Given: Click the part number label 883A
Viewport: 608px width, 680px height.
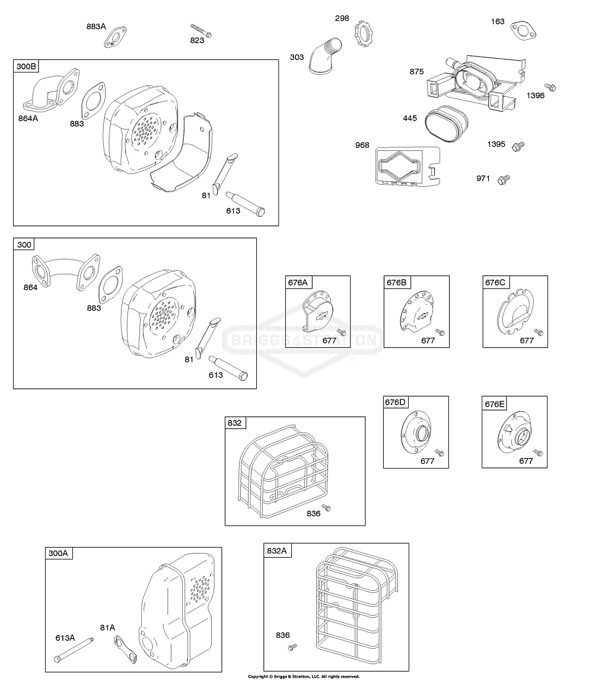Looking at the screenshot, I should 96,26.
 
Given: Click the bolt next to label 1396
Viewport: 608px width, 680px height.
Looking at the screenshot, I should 551,88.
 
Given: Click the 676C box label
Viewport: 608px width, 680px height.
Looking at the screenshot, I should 495,283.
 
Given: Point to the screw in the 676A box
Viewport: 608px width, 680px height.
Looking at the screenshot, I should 341,331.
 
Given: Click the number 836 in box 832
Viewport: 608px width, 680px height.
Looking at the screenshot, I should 314,513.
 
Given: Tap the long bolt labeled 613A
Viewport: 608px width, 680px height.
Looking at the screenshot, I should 77,649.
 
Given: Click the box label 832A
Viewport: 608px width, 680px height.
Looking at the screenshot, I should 277,551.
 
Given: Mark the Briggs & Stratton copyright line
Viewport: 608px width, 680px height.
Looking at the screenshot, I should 303,676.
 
